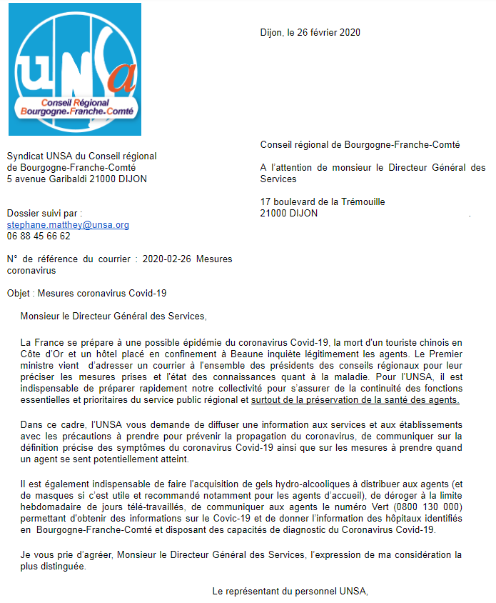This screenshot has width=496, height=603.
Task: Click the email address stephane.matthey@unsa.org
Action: click(x=68, y=224)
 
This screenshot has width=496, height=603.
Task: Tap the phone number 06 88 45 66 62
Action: click(x=39, y=236)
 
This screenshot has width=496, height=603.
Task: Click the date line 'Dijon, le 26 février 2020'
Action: click(x=310, y=32)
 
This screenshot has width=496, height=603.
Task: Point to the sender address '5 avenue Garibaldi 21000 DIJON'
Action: click(x=77, y=179)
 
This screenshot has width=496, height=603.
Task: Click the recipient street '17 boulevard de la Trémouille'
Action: click(x=323, y=201)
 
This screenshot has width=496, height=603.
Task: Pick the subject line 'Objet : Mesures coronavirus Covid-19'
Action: click(x=87, y=293)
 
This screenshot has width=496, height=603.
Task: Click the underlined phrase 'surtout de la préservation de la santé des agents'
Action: click(x=355, y=400)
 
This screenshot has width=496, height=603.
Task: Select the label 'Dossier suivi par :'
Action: click(x=44, y=213)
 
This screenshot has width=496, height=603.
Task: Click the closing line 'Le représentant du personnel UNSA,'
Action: click(x=290, y=590)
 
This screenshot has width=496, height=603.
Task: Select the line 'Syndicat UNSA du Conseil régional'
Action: click(x=81, y=156)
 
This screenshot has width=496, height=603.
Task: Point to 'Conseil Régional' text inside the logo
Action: click(x=75, y=103)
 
